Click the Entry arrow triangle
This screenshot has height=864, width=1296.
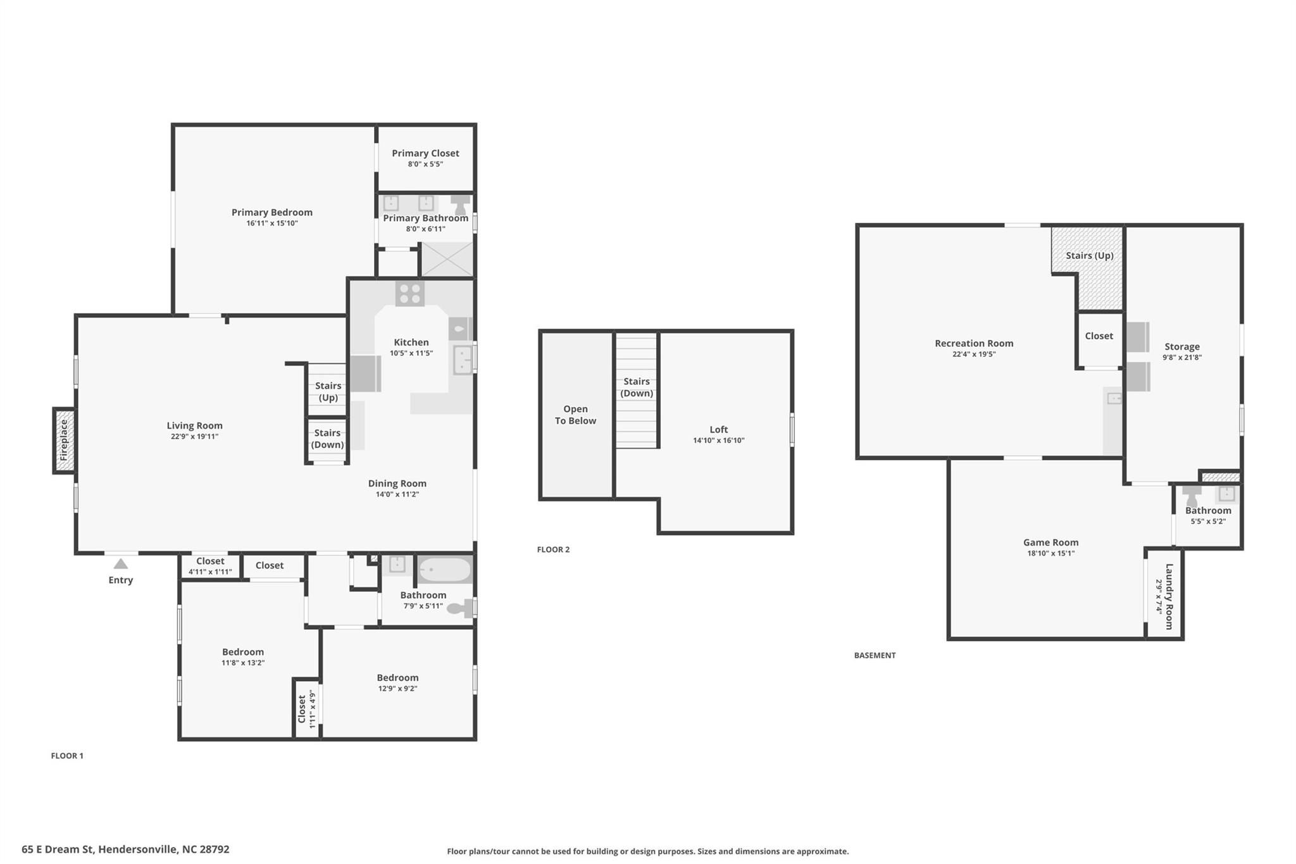pos(121,563)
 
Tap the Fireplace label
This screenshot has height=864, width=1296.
pos(64,441)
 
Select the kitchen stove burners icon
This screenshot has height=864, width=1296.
pos(410,294)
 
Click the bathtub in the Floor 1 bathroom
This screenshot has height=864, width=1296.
pos(445,570)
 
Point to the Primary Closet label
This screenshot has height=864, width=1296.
pos(425,153)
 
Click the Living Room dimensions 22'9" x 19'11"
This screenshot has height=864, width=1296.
pos(194,436)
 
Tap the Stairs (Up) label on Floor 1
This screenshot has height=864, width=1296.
pos(328,391)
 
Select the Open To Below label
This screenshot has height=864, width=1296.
pos(575,415)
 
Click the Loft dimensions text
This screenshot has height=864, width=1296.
pos(718,441)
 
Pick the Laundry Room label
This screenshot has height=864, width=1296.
pos(1169,596)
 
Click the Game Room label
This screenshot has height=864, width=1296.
pos(1050,542)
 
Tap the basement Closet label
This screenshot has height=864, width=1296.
pos(1099,336)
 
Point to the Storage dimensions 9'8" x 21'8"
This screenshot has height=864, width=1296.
pos(1181,357)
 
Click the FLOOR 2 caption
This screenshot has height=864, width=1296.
pos(553,549)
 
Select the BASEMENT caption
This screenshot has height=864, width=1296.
pos(875,655)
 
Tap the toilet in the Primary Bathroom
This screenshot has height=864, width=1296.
pos(461,204)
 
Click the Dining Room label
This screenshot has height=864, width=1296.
pos(397,484)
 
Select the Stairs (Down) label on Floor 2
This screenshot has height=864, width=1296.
pos(636,387)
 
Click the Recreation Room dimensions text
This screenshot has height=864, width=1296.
pos(974,354)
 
